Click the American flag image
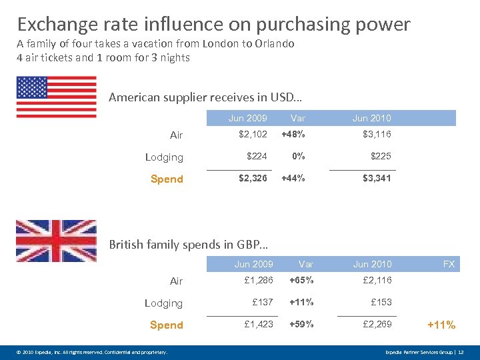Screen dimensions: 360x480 tap(56, 97)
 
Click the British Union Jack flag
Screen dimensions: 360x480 tap(56, 241)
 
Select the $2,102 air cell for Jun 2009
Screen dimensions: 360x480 tap(253, 134)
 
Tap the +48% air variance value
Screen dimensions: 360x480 tap(293, 134)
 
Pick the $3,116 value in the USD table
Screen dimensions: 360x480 tap(377, 134)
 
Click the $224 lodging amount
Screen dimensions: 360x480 tap(257, 156)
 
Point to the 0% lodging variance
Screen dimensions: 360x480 tap(298, 156)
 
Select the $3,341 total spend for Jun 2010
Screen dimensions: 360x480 tap(377, 179)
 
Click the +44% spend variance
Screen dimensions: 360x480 tap(293, 179)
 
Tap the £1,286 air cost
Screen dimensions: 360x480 tap(259, 281)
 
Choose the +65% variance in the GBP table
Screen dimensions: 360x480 tap(301, 281)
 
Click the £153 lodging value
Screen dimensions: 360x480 tap(381, 302)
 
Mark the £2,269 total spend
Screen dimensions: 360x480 tap(377, 325)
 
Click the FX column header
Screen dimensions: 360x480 tap(449, 264)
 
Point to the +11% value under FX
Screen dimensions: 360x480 tap(441, 325)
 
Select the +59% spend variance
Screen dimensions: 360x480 tap(301, 325)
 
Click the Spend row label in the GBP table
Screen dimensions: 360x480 tap(166, 325)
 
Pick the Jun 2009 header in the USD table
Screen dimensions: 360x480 tap(247, 118)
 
